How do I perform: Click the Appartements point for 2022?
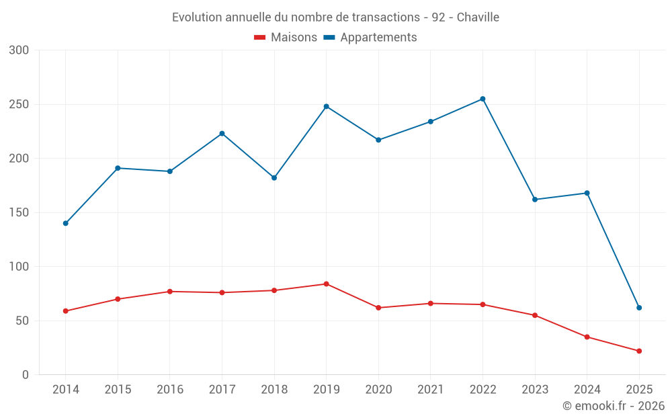coord(482,99)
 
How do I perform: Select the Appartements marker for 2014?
coord(66,223)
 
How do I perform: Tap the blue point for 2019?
coord(326,106)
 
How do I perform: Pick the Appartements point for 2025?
coord(639,308)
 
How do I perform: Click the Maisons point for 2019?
coord(326,284)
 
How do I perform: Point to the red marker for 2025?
coord(639,351)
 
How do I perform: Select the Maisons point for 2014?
coord(66,311)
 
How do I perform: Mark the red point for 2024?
coord(587,337)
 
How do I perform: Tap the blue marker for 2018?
coord(274,177)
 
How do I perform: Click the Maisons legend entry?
coord(286,38)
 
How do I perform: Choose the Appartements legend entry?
coord(371,38)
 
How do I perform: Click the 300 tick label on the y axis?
coord(20,50)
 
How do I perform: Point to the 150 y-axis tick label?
coord(20,212)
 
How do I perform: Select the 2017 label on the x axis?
coord(222,390)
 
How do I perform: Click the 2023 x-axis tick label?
coord(535,390)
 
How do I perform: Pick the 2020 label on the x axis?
coord(378,390)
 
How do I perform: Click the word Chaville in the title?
coord(478,17)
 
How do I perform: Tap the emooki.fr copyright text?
coord(613,406)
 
